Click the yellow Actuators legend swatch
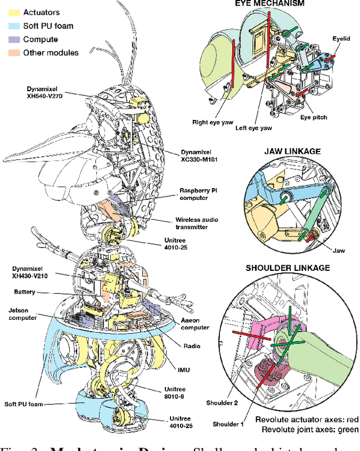(13, 12)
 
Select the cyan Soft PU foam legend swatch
(13, 25)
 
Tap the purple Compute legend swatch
(13, 39)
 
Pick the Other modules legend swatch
(13, 52)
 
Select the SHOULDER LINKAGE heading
(287, 267)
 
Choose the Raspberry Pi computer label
(201, 194)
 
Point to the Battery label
(24, 292)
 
